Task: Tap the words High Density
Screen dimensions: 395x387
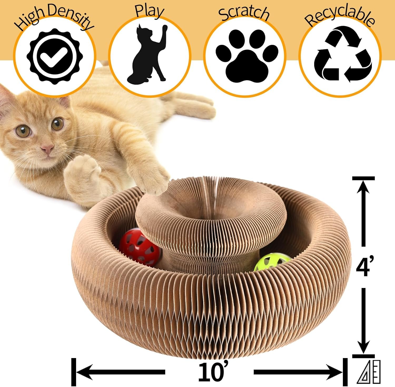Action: coord(54,17)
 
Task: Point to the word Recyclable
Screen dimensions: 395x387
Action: coord(340,16)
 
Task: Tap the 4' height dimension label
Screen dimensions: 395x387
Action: coord(364,266)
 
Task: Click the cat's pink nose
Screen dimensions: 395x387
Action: coord(47,149)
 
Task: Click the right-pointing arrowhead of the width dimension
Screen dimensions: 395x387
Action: coord(334,372)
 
